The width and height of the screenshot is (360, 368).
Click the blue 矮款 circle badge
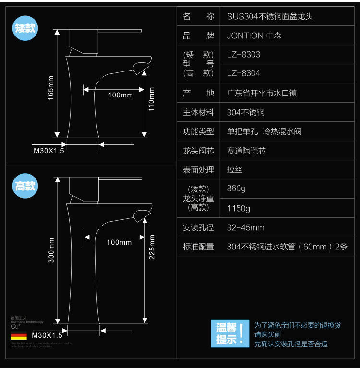25,28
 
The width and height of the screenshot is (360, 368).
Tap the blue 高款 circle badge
25,186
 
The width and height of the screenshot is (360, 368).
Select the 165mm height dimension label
51,88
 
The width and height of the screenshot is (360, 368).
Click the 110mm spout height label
151,99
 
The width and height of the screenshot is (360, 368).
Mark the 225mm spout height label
152,247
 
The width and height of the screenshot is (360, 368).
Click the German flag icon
19,335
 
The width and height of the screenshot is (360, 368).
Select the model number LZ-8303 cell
243,55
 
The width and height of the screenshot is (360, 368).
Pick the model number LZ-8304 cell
243,73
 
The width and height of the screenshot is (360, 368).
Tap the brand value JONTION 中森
255,36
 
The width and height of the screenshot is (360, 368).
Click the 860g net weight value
236,189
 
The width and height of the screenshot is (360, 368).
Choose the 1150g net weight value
238,208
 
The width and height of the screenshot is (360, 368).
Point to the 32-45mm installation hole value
245,227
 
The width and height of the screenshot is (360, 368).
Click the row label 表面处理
198,170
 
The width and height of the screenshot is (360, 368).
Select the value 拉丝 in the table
234,170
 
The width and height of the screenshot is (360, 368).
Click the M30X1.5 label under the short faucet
48,150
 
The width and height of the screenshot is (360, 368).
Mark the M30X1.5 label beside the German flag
47,335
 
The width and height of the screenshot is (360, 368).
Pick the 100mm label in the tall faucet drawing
119,242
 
